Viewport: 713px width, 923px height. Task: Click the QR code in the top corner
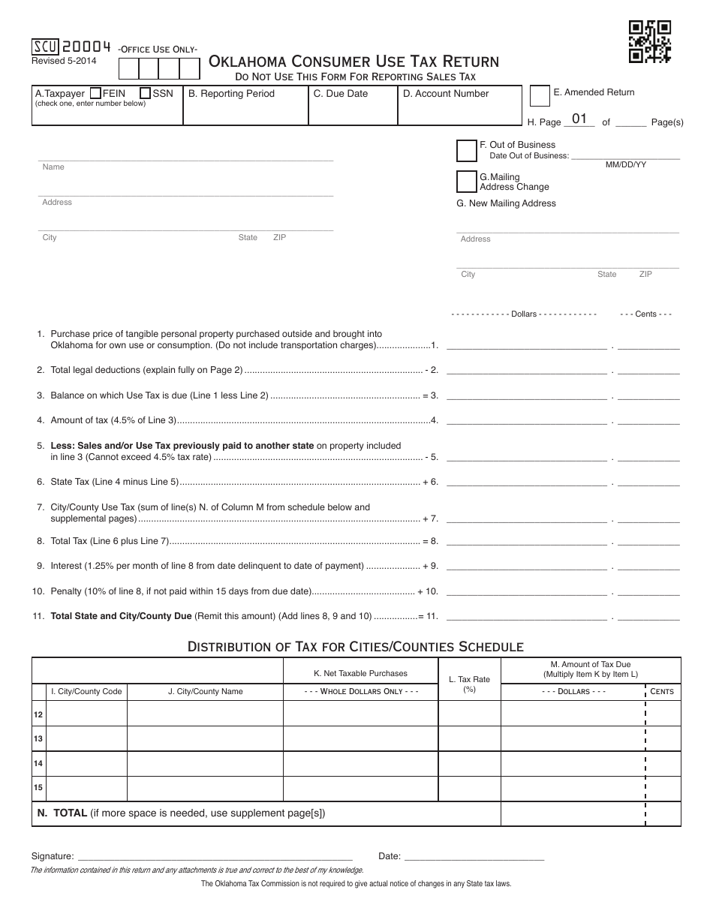tap(649, 42)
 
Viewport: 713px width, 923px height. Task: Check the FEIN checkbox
tap(95, 94)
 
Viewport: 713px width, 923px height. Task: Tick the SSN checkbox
tap(145, 94)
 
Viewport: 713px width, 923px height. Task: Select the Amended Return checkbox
tap(539, 96)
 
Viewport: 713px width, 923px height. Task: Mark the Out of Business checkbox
tap(466, 151)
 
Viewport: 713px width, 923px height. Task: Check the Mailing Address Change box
tap(466, 182)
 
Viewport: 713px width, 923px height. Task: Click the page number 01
tap(579, 119)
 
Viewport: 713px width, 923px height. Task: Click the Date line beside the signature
tap(474, 856)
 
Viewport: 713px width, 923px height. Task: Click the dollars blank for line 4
tap(527, 420)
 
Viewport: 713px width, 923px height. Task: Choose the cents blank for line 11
tap(648, 618)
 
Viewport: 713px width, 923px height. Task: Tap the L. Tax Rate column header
tap(469, 683)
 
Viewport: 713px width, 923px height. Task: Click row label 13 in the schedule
tap(38, 738)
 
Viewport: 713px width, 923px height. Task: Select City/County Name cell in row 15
tap(205, 789)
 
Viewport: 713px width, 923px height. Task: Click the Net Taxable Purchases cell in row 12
tap(360, 714)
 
